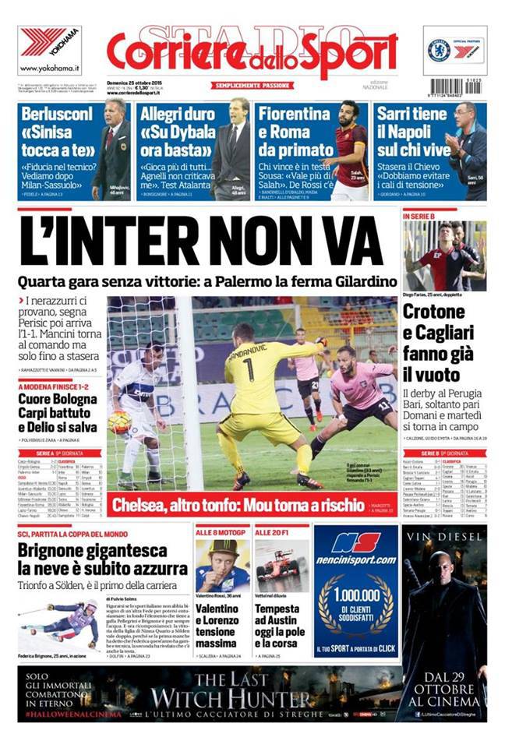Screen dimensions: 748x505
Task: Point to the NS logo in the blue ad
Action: click(x=355, y=541)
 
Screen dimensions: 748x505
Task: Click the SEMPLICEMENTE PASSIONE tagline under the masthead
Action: click(x=252, y=85)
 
